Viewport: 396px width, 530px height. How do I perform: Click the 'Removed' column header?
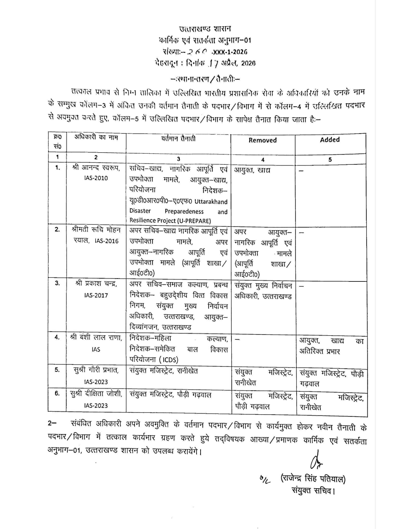point(263,140)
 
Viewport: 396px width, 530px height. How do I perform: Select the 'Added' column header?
point(330,139)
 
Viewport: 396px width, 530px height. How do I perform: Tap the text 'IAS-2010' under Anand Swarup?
point(96,178)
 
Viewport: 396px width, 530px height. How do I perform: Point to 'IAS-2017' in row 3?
point(96,295)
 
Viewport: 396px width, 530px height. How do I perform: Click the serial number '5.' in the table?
point(57,370)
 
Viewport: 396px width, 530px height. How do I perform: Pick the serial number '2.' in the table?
point(57,229)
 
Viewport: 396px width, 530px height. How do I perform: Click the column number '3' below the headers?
point(178,159)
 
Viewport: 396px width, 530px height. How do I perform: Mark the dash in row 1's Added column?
point(301,171)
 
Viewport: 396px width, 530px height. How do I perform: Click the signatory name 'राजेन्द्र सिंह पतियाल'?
point(313,478)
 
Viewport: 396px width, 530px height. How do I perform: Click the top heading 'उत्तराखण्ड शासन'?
point(205,29)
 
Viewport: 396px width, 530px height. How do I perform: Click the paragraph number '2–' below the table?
point(52,423)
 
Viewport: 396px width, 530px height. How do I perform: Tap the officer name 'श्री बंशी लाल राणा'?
point(96,337)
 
